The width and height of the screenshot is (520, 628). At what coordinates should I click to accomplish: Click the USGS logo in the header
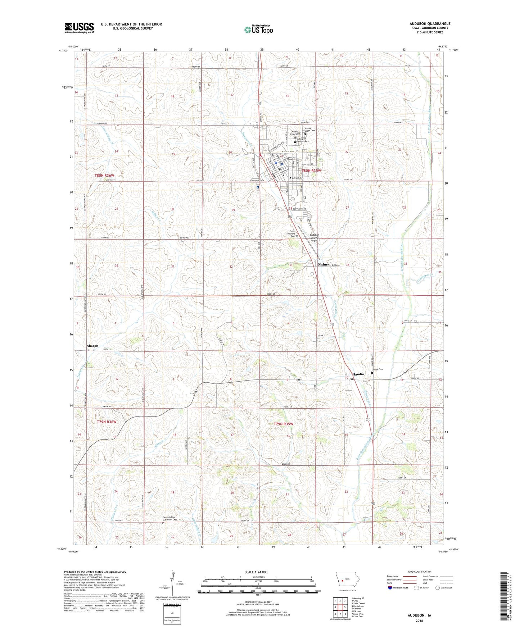pos(79,27)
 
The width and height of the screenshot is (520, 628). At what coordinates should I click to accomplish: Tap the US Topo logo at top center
pos(258,29)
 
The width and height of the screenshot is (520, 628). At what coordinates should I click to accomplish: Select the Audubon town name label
pos(296,178)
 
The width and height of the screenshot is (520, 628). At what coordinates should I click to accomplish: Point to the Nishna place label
pos(323,264)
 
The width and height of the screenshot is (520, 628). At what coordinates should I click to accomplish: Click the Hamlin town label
pos(358,374)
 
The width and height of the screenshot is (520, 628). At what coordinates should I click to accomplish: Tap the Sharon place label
pos(92,346)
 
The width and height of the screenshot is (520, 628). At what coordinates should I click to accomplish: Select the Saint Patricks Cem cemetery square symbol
pos(297,236)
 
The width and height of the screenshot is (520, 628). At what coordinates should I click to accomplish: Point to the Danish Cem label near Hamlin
pos(377,369)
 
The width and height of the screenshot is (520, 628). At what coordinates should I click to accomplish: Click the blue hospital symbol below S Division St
pos(258,187)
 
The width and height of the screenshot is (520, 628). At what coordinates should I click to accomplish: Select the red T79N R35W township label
pos(283,424)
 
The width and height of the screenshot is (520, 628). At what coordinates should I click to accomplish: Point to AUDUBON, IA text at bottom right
pos(419,615)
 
